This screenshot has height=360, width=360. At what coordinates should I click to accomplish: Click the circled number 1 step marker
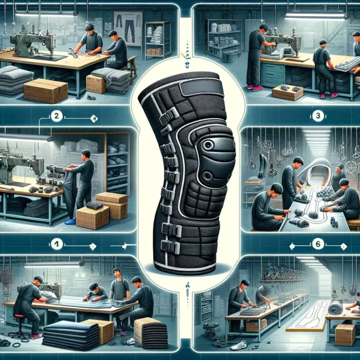pos(57,244)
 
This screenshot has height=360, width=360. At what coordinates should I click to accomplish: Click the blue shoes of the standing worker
pos(70,221)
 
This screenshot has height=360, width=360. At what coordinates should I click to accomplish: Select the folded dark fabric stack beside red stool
pos(70,335)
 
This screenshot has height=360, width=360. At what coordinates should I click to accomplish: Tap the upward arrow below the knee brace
pos(188,286)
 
